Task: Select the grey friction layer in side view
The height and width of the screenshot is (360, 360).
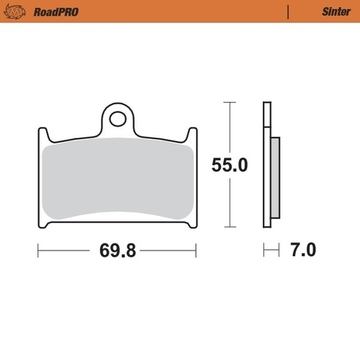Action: pyautogui.click(x=276, y=176)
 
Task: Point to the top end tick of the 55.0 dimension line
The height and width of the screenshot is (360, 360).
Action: pyautogui.click(x=229, y=103)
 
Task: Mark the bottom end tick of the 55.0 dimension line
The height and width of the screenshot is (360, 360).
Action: pyautogui.click(x=229, y=227)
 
